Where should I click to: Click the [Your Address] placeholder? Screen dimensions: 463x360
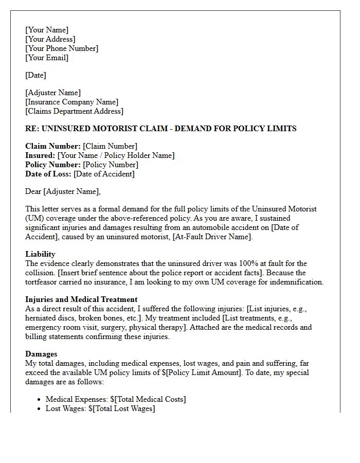point(50,39)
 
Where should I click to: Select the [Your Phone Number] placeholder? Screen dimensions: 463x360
point(62,48)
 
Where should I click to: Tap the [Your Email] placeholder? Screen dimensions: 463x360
point(47,58)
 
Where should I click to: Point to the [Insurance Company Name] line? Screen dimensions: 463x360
point(71,102)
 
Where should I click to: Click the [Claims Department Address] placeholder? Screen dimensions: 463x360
point(74,111)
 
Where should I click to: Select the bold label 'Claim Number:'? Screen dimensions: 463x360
point(52,146)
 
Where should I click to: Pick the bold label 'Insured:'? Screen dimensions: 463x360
point(40,155)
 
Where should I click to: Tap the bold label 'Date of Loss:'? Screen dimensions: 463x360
point(48,174)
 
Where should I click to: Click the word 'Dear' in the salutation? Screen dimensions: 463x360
point(33,191)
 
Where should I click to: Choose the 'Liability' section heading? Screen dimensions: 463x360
point(40,254)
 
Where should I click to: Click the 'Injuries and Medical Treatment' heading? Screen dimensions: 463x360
point(81,299)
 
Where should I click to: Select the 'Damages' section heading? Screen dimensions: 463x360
point(41,354)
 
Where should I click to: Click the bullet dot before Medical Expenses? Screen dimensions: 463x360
point(40,400)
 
